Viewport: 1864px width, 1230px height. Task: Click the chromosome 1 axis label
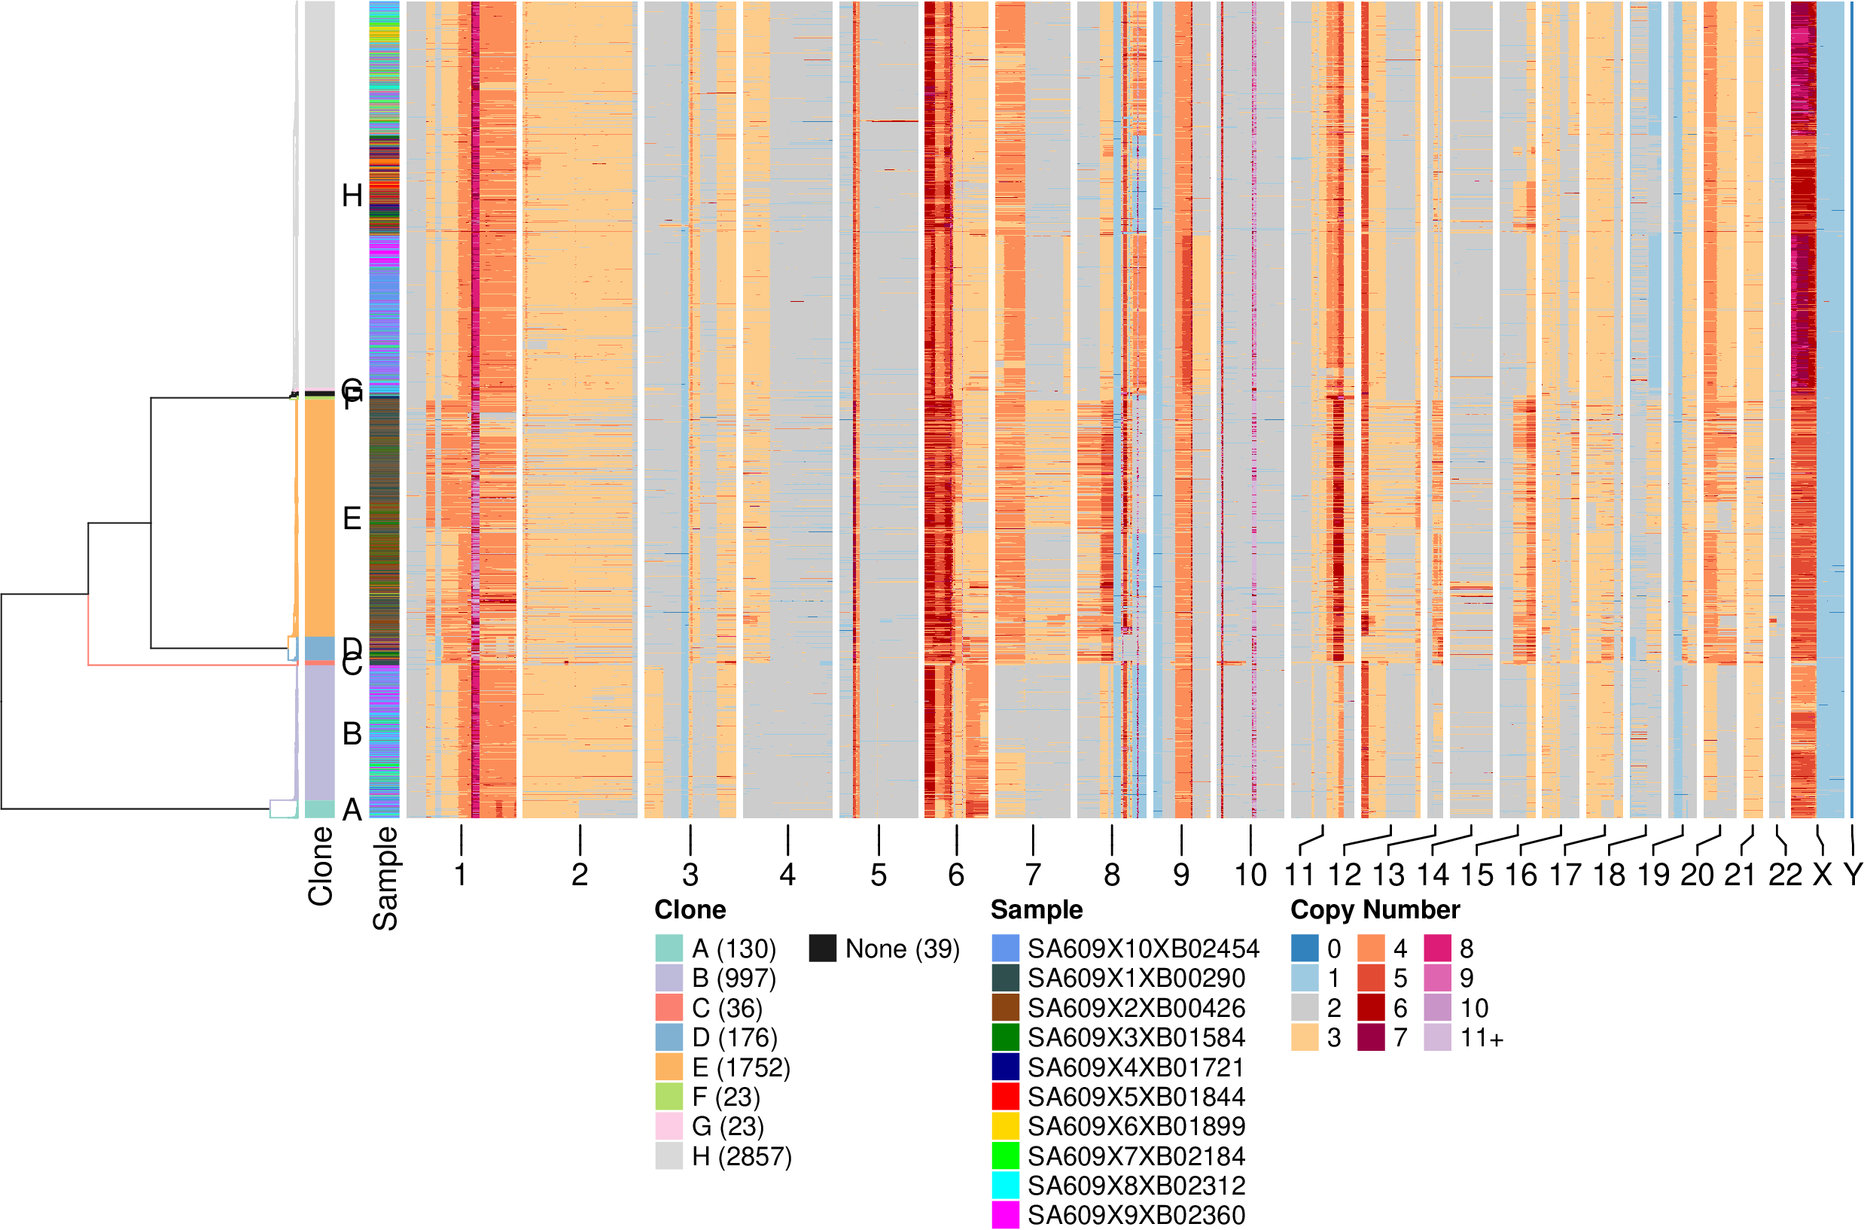[461, 875]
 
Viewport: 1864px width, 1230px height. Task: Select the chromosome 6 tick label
[955, 875]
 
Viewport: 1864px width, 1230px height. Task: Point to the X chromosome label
[1822, 875]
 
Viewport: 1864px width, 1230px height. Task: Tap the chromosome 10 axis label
[1250, 875]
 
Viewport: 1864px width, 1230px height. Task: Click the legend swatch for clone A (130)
[669, 948]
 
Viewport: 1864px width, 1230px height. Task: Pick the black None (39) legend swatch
[822, 948]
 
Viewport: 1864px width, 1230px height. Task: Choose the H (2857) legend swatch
[669, 1156]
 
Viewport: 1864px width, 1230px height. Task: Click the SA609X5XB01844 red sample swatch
[1005, 1097]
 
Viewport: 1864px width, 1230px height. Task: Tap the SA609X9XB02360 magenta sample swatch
[1005, 1215]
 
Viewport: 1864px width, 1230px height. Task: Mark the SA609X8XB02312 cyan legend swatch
[1005, 1186]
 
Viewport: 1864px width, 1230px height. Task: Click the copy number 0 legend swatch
[1305, 948]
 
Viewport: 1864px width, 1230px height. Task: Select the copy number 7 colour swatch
[1371, 1038]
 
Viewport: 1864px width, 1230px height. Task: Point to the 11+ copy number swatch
[1437, 1038]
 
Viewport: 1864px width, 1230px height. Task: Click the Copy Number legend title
[1375, 910]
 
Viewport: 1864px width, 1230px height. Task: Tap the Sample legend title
[1036, 910]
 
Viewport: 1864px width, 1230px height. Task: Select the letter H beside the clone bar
[352, 195]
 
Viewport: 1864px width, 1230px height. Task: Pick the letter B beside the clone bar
[352, 733]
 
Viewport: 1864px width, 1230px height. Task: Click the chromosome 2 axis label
[579, 875]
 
